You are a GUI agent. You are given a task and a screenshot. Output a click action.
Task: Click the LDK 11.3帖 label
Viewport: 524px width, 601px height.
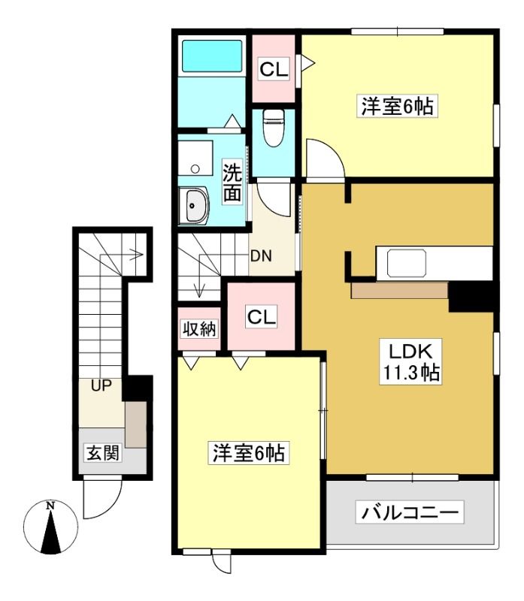pyautogui.click(x=410, y=361)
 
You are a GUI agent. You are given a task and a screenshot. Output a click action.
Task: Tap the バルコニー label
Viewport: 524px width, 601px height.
pyautogui.click(x=410, y=512)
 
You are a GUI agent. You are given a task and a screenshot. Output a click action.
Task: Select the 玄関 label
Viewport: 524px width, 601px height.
pyautogui.click(x=103, y=453)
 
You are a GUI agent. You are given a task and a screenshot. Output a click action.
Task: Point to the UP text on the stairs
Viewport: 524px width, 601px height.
pyautogui.click(x=101, y=385)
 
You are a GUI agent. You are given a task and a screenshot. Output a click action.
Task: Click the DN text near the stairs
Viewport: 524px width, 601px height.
pyautogui.click(x=261, y=255)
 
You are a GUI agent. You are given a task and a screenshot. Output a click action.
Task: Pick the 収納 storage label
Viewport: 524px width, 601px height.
pyautogui.click(x=199, y=329)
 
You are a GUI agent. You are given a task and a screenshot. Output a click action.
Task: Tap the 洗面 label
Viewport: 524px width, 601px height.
pyautogui.click(x=233, y=182)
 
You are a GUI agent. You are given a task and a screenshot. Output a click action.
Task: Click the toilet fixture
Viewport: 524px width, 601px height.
pyautogui.click(x=274, y=128)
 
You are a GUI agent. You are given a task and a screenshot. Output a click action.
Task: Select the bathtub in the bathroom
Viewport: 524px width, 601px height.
pyautogui.click(x=212, y=56)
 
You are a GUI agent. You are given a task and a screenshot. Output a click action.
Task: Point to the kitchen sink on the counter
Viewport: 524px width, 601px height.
pyautogui.click(x=407, y=264)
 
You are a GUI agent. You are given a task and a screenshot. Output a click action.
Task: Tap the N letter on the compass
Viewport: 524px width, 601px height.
pyautogui.click(x=50, y=506)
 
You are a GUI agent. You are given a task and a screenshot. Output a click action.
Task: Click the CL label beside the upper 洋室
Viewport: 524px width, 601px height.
pyautogui.click(x=274, y=69)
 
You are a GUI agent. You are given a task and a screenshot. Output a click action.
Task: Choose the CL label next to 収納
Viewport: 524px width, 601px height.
pyautogui.click(x=261, y=317)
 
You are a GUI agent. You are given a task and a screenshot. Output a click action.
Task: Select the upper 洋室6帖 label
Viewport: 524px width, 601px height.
pyautogui.click(x=398, y=106)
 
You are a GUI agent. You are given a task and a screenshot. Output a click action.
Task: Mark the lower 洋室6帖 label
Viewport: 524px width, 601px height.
pyautogui.click(x=249, y=453)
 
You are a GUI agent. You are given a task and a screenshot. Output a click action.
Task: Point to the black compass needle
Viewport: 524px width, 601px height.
pyautogui.click(x=50, y=533)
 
